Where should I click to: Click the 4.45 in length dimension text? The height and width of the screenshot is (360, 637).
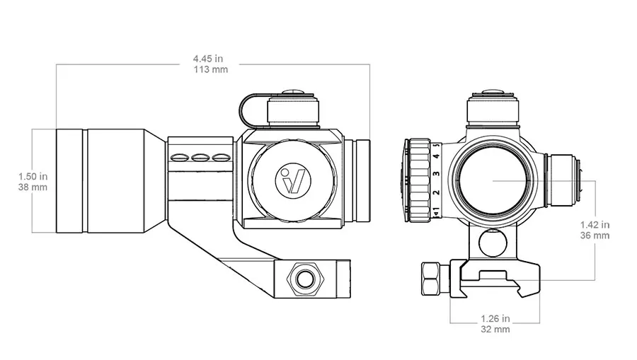(x=208, y=59)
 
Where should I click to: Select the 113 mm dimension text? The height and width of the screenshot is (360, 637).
(x=210, y=69)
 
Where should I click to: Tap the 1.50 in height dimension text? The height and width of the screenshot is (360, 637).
(x=33, y=177)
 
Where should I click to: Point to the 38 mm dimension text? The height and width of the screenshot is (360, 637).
(x=33, y=187)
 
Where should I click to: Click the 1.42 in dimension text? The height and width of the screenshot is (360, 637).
(x=595, y=225)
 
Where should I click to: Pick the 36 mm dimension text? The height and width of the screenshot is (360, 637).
(x=595, y=236)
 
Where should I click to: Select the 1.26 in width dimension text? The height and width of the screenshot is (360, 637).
(x=495, y=318)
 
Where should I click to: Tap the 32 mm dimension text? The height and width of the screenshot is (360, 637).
(x=495, y=329)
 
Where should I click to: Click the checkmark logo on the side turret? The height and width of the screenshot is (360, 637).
(x=293, y=180)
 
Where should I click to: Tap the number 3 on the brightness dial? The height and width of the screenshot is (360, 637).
(x=436, y=174)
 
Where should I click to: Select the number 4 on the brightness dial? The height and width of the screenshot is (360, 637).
(x=437, y=156)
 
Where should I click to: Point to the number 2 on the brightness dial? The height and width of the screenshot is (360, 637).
(x=437, y=192)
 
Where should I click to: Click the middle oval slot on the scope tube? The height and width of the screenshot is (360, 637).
(x=201, y=157)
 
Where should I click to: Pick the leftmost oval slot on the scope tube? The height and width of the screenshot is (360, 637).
(x=180, y=157)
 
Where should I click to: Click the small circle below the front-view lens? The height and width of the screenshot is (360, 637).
(x=493, y=243)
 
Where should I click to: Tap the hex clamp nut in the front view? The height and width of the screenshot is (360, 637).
(x=435, y=279)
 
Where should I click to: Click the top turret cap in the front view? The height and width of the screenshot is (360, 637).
(x=493, y=108)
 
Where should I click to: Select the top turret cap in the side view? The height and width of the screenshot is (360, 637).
(x=293, y=108)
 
